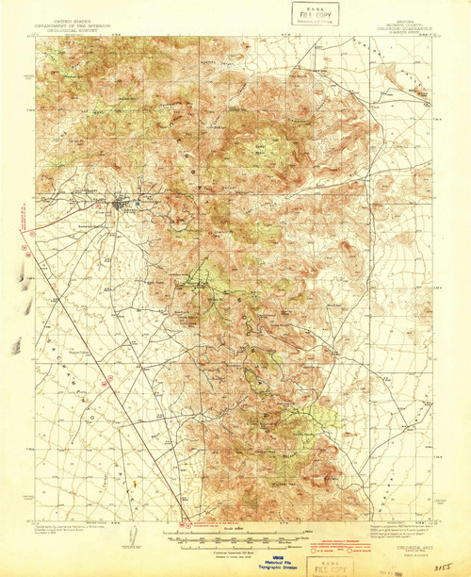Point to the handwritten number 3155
coord(438,568)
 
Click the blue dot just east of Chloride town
coord(138,199)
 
